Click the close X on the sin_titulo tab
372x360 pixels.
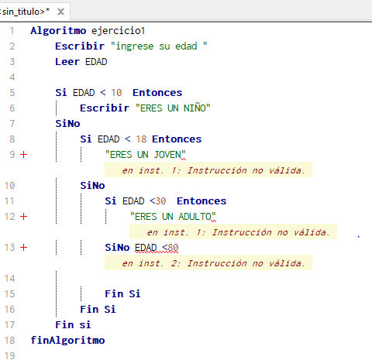tap(60, 12)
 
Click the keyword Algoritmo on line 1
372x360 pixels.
tap(58, 31)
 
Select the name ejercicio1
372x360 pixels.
tap(118, 31)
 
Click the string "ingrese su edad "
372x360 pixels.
tap(159, 46)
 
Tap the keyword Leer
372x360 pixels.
tap(67, 62)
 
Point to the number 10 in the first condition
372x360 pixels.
tap(116, 93)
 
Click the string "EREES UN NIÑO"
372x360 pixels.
tap(173, 108)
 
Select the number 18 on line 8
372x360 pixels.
tap(141, 139)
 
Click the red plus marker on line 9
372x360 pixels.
tap(24, 155)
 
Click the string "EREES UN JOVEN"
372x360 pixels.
tap(145, 155)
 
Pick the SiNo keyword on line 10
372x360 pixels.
tap(92, 186)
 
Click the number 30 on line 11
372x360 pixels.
tap(160, 201)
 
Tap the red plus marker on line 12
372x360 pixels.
tap(24, 217)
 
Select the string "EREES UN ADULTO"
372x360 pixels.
tap(173, 217)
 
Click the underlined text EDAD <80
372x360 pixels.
tap(157, 248)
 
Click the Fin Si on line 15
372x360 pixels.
tap(122, 294)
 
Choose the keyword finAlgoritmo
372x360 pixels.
tap(67, 341)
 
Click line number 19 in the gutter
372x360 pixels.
tap(10, 355)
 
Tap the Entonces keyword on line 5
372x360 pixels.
tap(157, 93)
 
